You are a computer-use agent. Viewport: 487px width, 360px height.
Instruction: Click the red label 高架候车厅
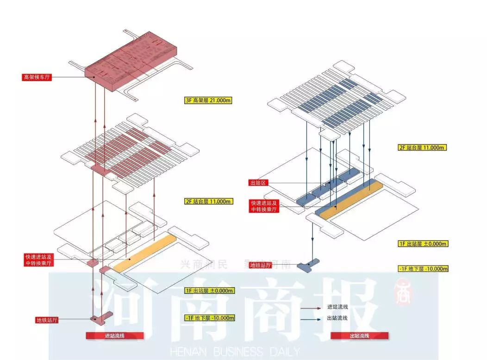click(x=37, y=77)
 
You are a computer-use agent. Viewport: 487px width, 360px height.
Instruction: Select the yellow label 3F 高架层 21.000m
click(x=207, y=100)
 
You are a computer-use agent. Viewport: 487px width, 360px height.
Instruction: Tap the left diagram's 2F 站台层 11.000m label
click(x=207, y=202)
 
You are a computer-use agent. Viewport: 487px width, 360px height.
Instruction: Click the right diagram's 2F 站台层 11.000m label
click(x=422, y=148)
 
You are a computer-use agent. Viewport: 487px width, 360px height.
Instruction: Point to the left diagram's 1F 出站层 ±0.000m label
click(x=209, y=291)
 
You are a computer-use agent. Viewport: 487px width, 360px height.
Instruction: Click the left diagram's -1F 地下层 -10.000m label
click(x=209, y=318)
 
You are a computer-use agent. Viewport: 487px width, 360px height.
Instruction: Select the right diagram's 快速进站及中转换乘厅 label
click(x=264, y=206)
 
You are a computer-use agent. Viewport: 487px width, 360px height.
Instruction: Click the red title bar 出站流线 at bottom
click(x=359, y=335)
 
